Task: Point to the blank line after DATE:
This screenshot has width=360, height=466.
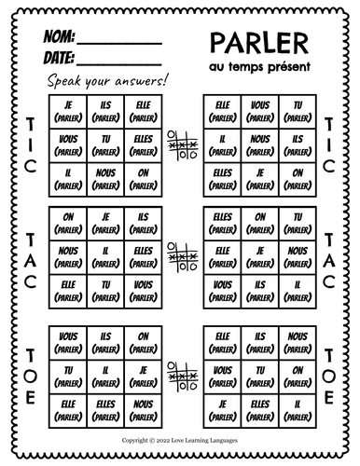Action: point(110,63)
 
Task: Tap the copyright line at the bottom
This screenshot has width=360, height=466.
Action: point(181,436)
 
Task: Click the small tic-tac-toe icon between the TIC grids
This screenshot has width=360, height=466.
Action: point(180,142)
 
